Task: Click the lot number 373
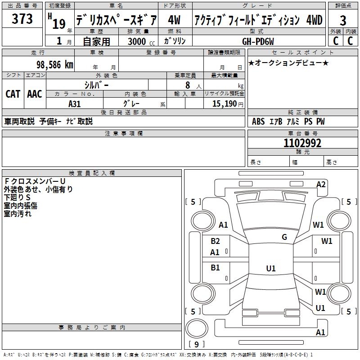[x=22, y=18]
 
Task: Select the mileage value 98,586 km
[x=55, y=65]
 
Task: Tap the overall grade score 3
[x=343, y=21]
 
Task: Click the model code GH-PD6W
[x=258, y=41]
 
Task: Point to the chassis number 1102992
[x=302, y=143]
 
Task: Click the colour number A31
[x=75, y=104]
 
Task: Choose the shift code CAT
[x=13, y=94]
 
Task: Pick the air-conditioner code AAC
[x=35, y=94]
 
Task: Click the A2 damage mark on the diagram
[x=321, y=184]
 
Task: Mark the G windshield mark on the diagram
[x=284, y=237]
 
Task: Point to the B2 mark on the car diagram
[x=215, y=241]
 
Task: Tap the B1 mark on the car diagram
[x=215, y=267]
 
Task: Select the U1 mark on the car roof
[x=271, y=268]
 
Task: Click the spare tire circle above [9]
[x=197, y=328]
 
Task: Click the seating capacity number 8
[x=188, y=85]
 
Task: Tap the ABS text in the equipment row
[x=258, y=121]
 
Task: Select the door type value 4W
[x=174, y=20]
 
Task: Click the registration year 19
[x=59, y=24]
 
